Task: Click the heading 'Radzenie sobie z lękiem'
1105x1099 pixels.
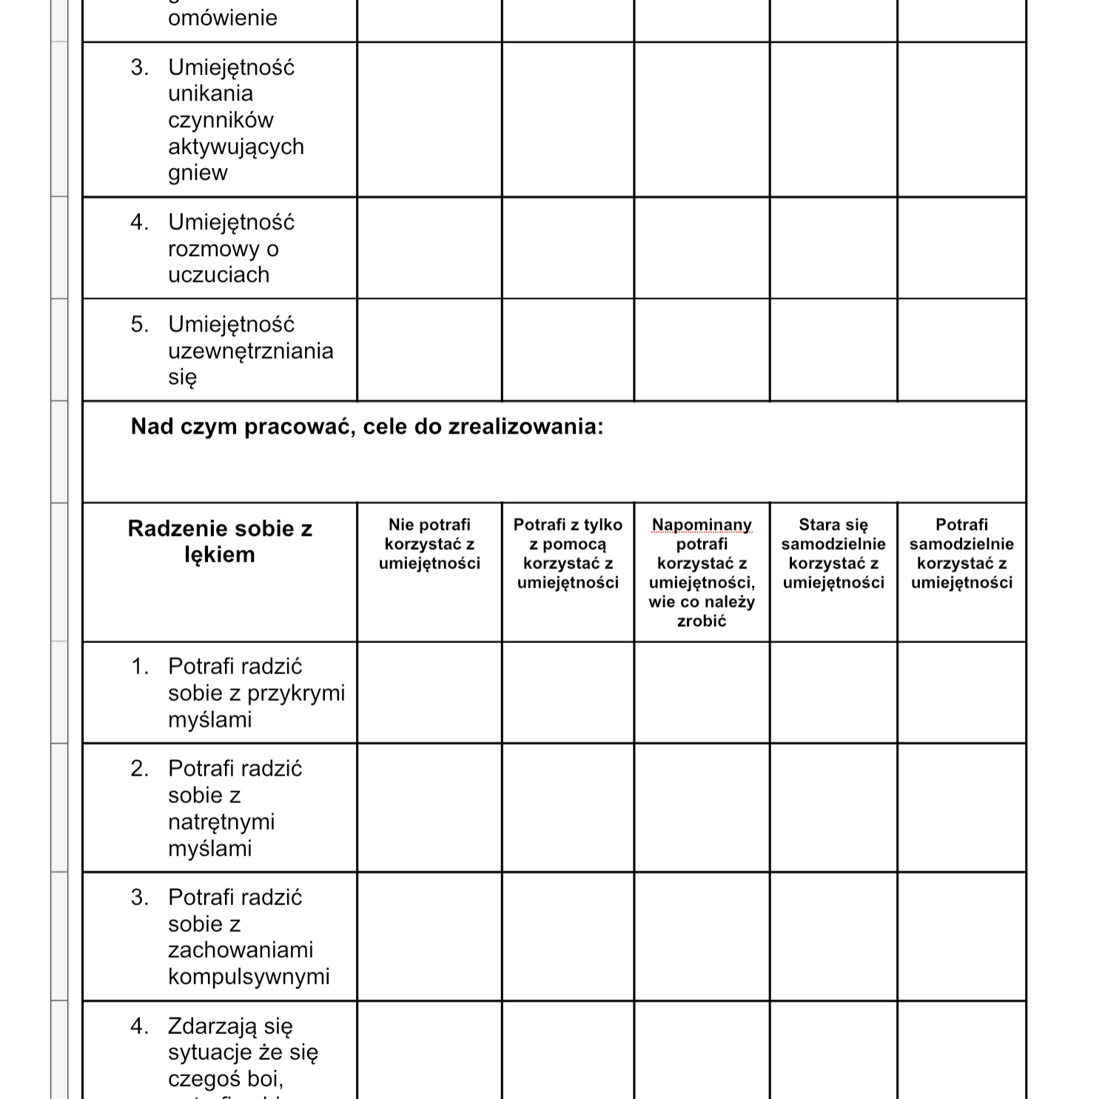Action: [220, 541]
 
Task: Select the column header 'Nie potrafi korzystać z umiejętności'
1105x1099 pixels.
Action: [429, 544]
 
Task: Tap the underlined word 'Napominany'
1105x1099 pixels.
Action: [702, 525]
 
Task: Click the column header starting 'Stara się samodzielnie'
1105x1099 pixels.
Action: [833, 553]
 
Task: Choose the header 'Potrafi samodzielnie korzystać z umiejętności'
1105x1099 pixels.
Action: [961, 553]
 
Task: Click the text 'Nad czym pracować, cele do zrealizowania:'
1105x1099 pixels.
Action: [367, 426]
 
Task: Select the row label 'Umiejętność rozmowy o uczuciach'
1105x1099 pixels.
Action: [231, 248]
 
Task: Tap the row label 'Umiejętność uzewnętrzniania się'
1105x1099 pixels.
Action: [250, 350]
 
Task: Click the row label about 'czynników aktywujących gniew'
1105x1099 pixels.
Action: [235, 120]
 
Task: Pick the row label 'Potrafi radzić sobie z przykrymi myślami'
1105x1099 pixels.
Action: [256, 693]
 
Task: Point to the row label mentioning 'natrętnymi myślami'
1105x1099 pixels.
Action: [235, 808]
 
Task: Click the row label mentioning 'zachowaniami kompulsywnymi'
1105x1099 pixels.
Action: [249, 936]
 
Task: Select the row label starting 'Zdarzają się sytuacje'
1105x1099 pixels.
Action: [243, 1051]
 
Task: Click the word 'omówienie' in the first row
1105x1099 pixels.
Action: [223, 18]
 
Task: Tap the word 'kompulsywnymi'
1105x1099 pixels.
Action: [249, 976]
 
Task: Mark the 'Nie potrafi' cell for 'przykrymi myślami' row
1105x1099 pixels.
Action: [429, 693]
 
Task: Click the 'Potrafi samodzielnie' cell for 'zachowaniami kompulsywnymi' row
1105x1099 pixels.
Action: [961, 936]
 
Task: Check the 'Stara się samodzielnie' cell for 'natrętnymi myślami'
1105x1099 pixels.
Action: [833, 808]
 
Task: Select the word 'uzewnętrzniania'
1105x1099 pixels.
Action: [251, 350]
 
